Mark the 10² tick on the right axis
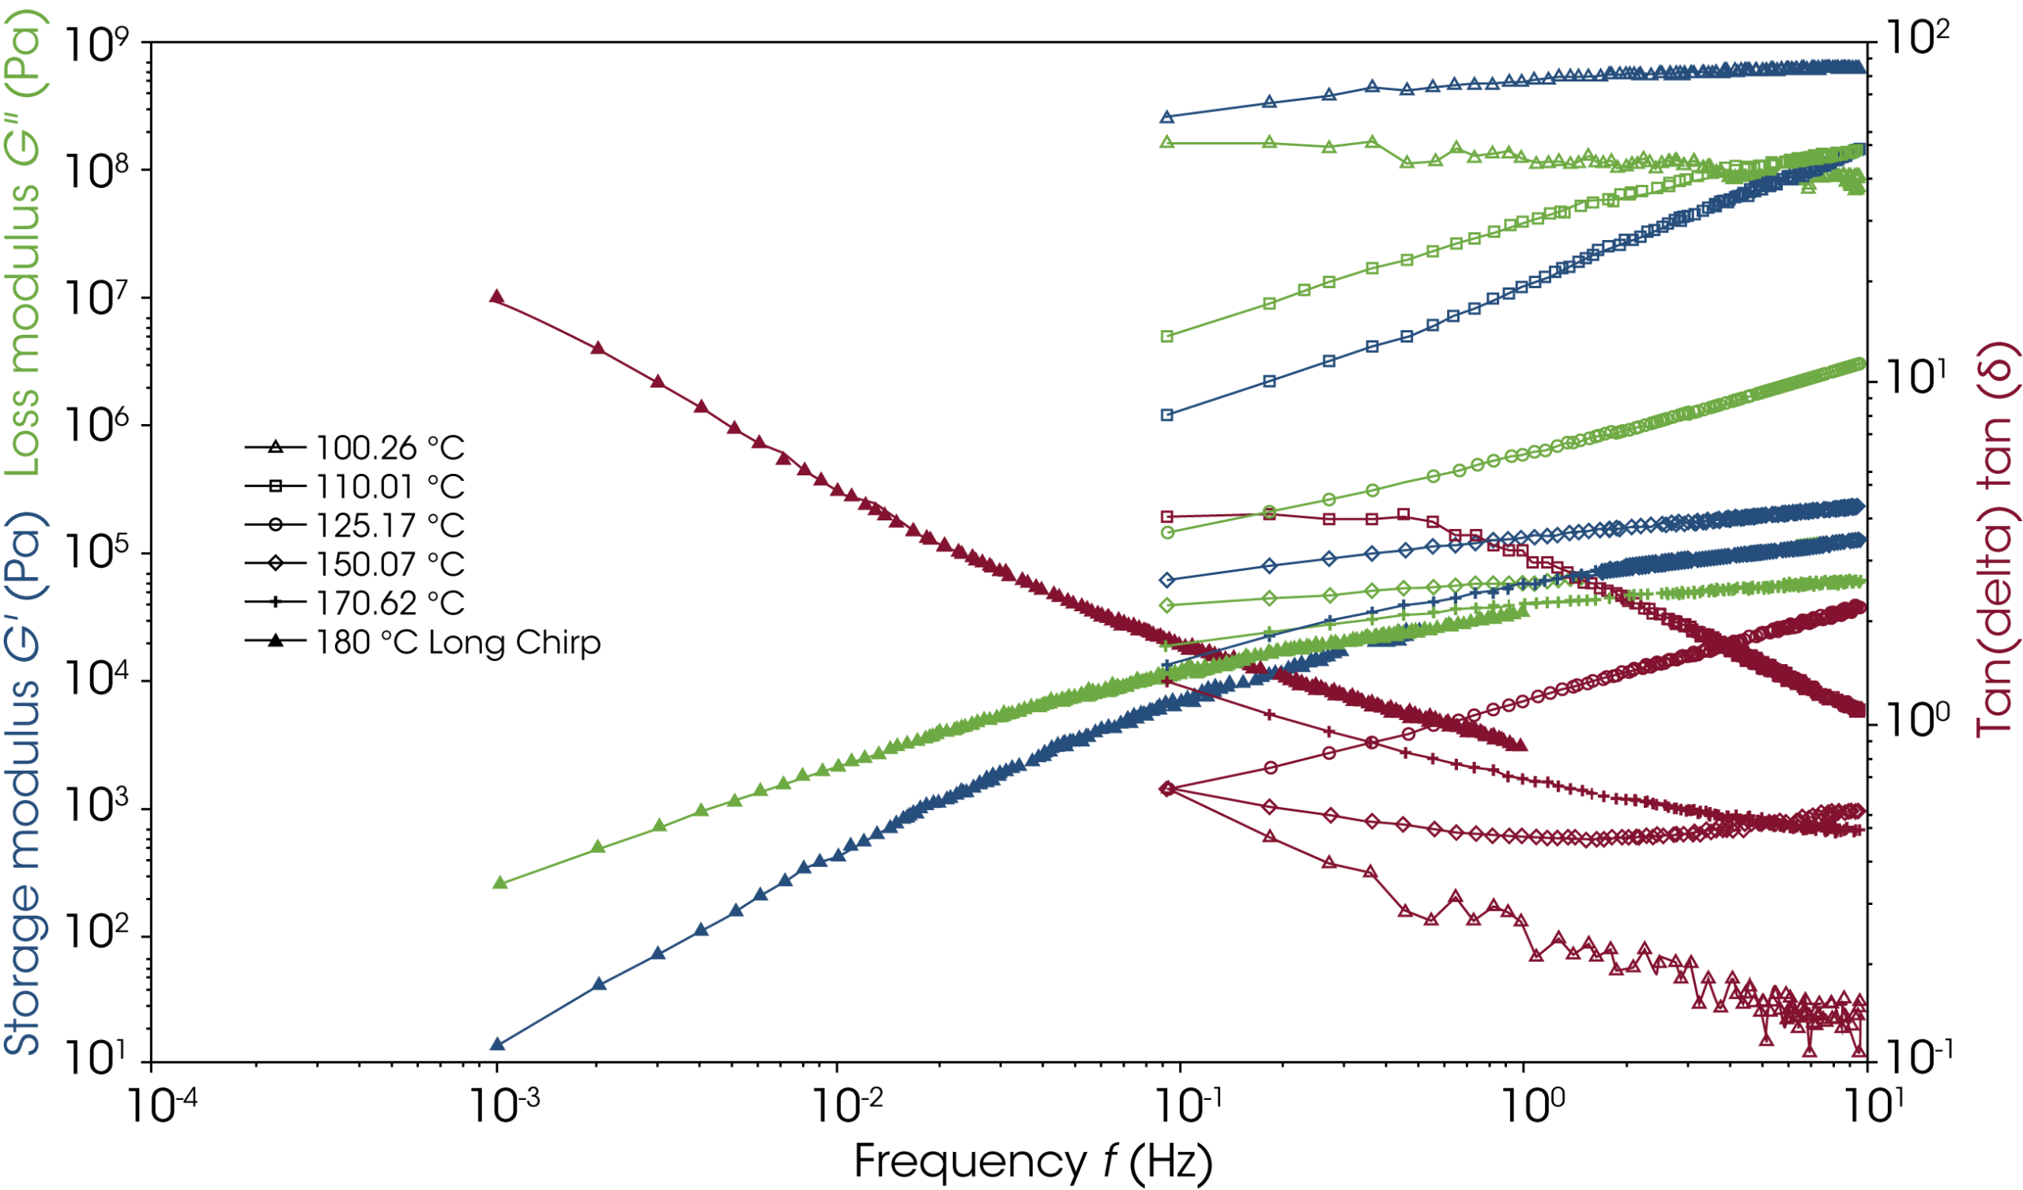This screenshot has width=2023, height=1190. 1915,39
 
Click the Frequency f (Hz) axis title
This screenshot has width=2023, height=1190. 1032,1160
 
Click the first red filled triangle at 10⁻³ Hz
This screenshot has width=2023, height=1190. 497,298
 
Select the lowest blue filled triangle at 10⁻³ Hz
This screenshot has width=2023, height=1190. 497,1044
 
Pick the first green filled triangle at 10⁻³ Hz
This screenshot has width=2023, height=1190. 499,883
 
